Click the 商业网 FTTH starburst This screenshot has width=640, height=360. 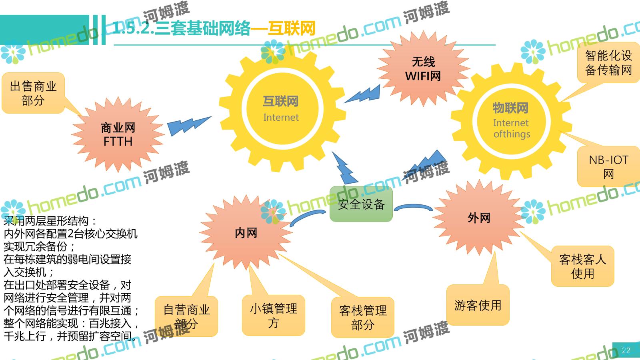click(x=118, y=135)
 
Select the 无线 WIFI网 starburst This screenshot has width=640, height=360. click(x=423, y=69)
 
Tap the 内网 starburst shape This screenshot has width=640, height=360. click(x=246, y=233)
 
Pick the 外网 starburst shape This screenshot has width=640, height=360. click(x=479, y=218)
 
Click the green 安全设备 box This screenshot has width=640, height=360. click(x=361, y=204)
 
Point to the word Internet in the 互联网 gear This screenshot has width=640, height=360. click(x=281, y=118)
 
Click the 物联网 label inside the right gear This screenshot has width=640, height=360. click(x=510, y=108)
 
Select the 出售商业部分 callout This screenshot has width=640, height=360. click(x=33, y=93)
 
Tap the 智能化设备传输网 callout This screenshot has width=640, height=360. click(x=608, y=63)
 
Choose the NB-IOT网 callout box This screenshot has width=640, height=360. click(x=608, y=167)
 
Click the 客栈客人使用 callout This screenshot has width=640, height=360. click(x=582, y=266)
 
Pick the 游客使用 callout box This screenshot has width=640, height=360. click(x=478, y=305)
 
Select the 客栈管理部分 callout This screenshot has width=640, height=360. click(x=362, y=317)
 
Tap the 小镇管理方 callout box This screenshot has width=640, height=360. click(x=274, y=316)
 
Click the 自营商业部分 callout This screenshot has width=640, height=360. click(x=186, y=316)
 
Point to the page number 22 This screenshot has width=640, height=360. click(x=626, y=350)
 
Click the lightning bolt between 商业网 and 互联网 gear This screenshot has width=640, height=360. click(x=188, y=125)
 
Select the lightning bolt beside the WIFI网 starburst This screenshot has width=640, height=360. click(x=363, y=94)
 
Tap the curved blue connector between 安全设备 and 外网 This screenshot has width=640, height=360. click(x=413, y=208)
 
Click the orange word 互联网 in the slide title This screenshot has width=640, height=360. click(x=291, y=28)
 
